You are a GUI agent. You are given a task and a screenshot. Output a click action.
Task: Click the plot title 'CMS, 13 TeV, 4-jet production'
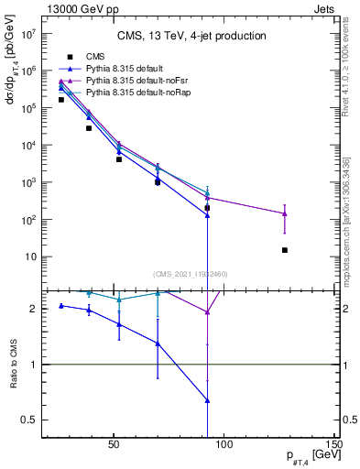pyautogui.click(x=191, y=37)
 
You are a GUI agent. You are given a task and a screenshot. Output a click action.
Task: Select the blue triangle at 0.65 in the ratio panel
pyautogui.click(x=208, y=400)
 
